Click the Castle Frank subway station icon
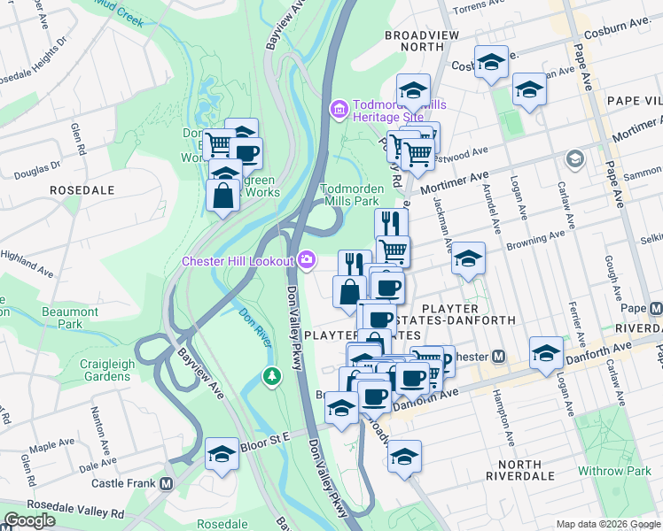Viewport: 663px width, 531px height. pos(166,484)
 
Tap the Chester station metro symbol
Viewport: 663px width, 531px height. pos(498,357)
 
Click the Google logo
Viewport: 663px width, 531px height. pos(29,520)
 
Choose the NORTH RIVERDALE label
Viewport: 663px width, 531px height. pos(532,465)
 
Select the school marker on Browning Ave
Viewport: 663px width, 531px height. pos(468,258)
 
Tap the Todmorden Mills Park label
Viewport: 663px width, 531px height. pos(352,195)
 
